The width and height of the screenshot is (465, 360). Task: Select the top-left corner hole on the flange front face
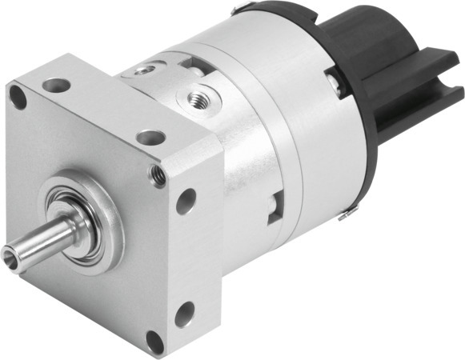click(x=18, y=98)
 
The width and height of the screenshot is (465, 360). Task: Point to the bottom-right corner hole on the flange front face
click(x=154, y=342)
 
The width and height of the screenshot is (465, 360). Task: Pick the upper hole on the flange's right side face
click(x=186, y=201)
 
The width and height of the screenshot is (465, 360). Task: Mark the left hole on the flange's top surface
click(x=56, y=84)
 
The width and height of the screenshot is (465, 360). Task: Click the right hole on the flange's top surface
click(x=150, y=137)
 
